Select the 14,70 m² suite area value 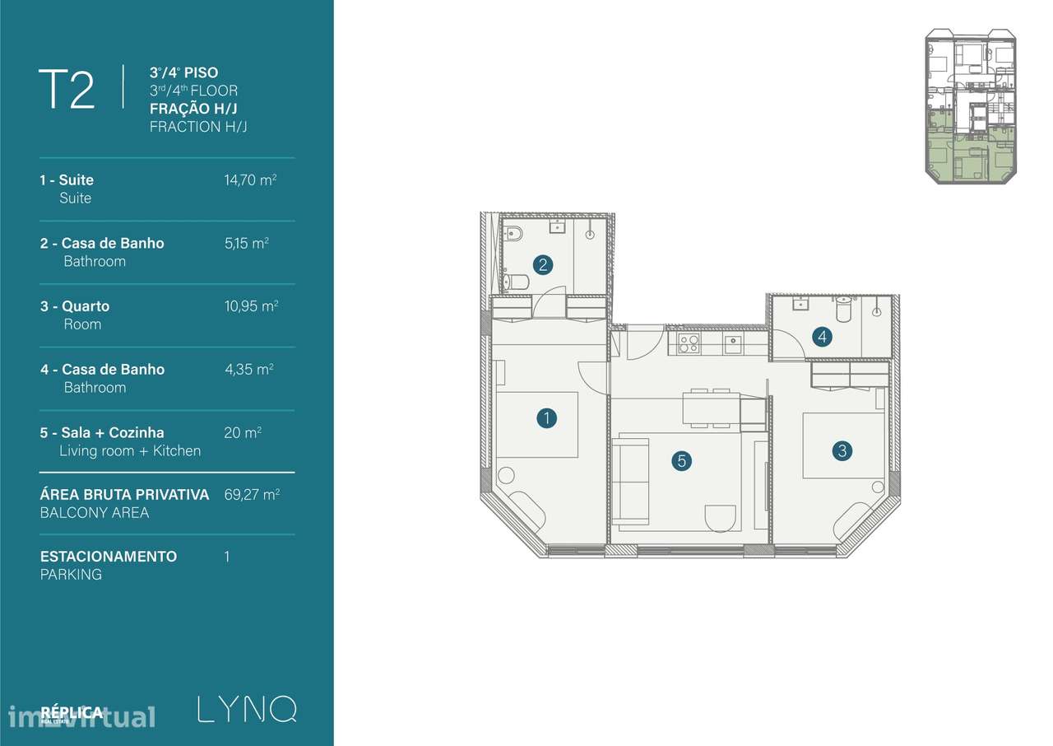pos(250,180)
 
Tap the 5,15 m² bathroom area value pos(247,243)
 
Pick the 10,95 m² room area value pos(251,305)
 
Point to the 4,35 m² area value pos(248,369)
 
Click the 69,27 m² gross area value pos(251,495)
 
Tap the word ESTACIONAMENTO pos(109,556)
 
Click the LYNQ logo pos(247,709)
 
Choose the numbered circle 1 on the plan pos(546,418)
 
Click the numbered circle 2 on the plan pos(542,265)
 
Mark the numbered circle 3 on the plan pos(841,450)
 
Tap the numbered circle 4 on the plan pos(821,336)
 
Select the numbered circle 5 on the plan pos(680,461)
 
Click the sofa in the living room pos(630,481)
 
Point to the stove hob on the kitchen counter pos(689,343)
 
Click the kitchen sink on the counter pos(732,343)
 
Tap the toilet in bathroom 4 pos(844,310)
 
